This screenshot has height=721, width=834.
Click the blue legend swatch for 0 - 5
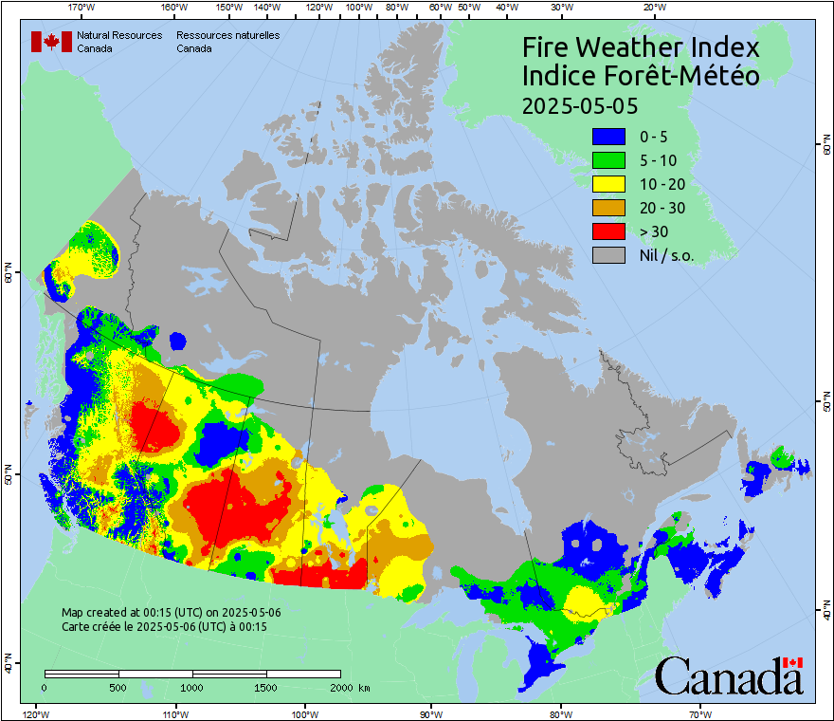pos(607,137)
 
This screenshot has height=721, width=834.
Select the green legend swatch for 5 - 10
pos(607,160)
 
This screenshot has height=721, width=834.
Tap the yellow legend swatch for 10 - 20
pos(607,184)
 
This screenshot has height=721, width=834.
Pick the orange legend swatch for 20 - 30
pos(607,208)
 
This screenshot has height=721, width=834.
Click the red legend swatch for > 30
pos(607,231)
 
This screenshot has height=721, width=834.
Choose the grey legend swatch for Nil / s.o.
pos(607,255)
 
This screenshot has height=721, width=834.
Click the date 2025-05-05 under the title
pos(580,104)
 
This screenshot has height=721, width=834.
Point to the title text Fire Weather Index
pos(642,47)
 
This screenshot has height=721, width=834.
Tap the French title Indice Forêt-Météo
pos(642,76)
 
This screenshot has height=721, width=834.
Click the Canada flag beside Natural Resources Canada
pos(45,42)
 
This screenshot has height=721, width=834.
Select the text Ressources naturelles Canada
pos(227,42)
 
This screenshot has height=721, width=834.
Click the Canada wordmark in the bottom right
pos(729,675)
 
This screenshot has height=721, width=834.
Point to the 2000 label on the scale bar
pos(341,687)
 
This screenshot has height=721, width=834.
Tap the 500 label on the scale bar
pos(118,687)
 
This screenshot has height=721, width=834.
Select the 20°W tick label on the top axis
pos(652,8)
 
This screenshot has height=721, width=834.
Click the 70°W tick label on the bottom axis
pos(699,713)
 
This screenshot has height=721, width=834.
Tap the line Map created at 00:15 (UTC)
pos(172,613)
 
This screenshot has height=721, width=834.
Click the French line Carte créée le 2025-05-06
pos(164,627)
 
